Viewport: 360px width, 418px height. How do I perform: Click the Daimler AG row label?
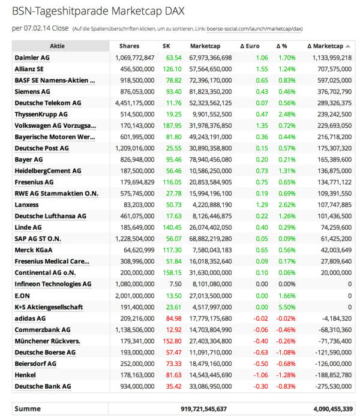(x=31, y=58)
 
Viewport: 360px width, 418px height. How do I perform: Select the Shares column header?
(x=129, y=46)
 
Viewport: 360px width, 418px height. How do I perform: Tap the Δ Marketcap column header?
(x=325, y=46)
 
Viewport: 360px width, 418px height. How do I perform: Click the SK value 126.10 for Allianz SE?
(x=172, y=69)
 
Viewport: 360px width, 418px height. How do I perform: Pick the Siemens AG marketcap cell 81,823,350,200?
(x=211, y=91)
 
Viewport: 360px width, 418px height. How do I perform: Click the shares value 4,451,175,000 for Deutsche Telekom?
(x=134, y=103)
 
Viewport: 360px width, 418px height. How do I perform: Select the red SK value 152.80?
(x=172, y=341)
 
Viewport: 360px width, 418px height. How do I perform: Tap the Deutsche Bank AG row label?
(x=43, y=386)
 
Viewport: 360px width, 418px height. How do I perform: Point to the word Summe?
(x=28, y=409)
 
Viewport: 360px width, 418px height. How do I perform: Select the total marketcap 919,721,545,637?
(x=204, y=409)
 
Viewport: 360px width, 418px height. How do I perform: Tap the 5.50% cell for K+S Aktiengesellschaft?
(x=287, y=307)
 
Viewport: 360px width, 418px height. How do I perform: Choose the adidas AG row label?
(x=30, y=318)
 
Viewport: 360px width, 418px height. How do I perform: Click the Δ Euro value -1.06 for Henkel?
(x=260, y=375)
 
